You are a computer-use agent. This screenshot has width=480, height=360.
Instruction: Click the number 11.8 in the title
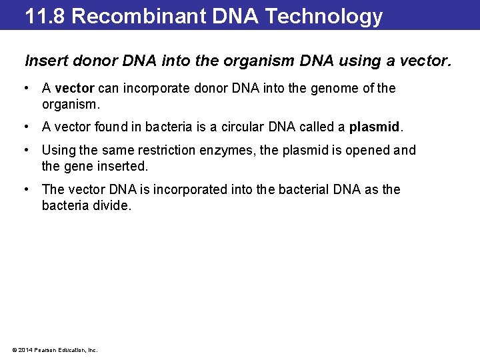45,15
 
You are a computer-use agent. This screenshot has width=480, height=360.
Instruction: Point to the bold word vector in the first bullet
74,89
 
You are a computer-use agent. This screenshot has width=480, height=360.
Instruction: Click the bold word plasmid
375,127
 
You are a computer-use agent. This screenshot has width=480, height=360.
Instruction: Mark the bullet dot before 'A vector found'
25,127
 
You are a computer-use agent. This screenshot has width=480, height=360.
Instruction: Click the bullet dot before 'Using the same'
25,149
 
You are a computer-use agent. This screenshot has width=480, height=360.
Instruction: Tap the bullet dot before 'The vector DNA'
25,189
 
